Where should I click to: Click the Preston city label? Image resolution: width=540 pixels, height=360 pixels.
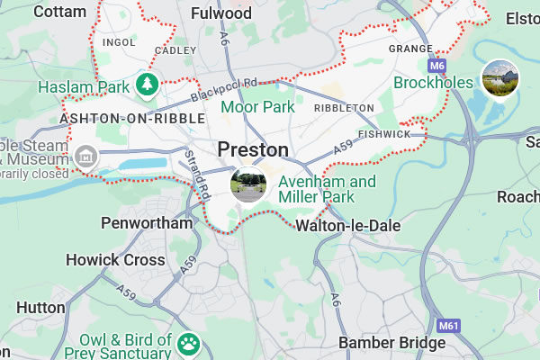pos(253,149)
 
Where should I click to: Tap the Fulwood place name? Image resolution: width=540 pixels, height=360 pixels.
pos(221,13)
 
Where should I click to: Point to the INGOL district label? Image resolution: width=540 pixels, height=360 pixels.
pos(119,41)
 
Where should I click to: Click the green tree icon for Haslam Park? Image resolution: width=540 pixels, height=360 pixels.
pos(147,85)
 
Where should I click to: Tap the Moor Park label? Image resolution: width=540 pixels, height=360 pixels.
pos(258,107)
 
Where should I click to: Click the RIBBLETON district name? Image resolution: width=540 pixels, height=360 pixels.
pos(343,107)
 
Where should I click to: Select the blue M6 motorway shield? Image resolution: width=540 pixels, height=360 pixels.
pos(437,67)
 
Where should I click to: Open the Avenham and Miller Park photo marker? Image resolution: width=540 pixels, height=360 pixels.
pos(248,185)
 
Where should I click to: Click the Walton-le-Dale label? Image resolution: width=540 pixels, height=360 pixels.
pos(347,226)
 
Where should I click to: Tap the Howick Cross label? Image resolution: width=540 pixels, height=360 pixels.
pos(115,260)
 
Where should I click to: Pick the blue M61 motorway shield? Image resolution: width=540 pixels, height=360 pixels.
pos(449,325)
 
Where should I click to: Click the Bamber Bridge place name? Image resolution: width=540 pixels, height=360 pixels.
pos(391,343)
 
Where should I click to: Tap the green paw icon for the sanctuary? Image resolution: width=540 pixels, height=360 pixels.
pos(189,343)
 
